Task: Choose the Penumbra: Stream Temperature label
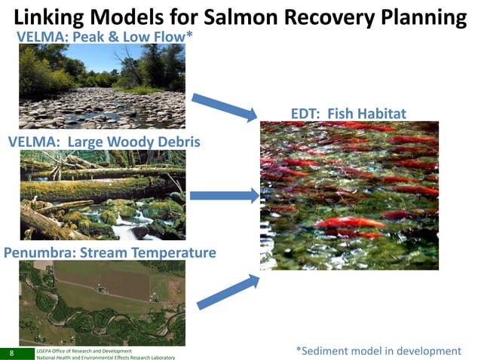pyautogui.click(x=110, y=252)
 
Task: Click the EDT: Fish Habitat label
pyautogui.click(x=348, y=114)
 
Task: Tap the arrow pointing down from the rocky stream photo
pyautogui.click(x=224, y=107)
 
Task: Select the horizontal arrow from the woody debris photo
pyautogui.click(x=224, y=196)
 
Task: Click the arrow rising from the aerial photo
pyautogui.click(x=227, y=292)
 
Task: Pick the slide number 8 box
pyautogui.click(x=12, y=352)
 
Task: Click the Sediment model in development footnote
pyautogui.click(x=378, y=351)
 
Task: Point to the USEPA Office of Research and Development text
pyautogui.click(x=84, y=350)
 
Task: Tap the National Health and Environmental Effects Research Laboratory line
pyautogui.click(x=106, y=357)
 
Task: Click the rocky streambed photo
pyautogui.click(x=102, y=86)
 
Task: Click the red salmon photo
pyautogui.click(x=349, y=195)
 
